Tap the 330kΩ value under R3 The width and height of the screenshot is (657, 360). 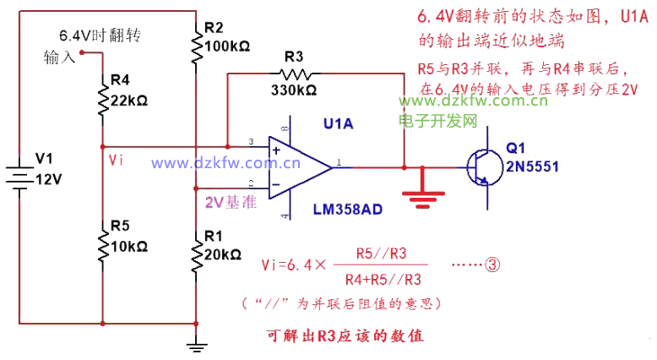(293, 89)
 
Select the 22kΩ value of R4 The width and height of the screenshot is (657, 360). (129, 100)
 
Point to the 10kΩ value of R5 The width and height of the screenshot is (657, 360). (129, 247)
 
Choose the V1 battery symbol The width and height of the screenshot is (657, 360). (18, 173)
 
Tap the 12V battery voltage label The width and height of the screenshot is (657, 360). (48, 179)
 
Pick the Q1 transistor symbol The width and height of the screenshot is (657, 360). (482, 166)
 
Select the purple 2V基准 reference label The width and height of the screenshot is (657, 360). (231, 203)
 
